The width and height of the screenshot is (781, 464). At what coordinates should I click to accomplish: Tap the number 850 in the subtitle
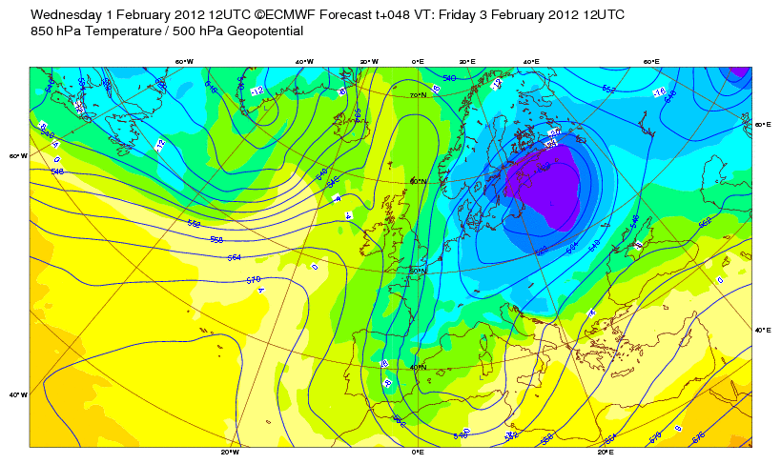tap(43, 31)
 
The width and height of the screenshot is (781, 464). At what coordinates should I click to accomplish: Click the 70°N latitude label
tap(417, 95)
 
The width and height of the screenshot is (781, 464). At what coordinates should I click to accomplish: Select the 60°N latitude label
tap(417, 182)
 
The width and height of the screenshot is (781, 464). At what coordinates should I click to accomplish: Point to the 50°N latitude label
tap(417, 271)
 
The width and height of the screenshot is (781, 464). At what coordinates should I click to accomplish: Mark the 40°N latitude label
tap(417, 367)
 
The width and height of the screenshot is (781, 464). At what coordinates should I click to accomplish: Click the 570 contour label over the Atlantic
tap(253, 279)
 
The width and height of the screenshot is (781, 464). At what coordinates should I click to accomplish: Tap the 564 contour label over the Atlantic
tap(234, 257)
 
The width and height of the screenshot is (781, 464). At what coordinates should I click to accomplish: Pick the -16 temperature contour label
tap(658, 92)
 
